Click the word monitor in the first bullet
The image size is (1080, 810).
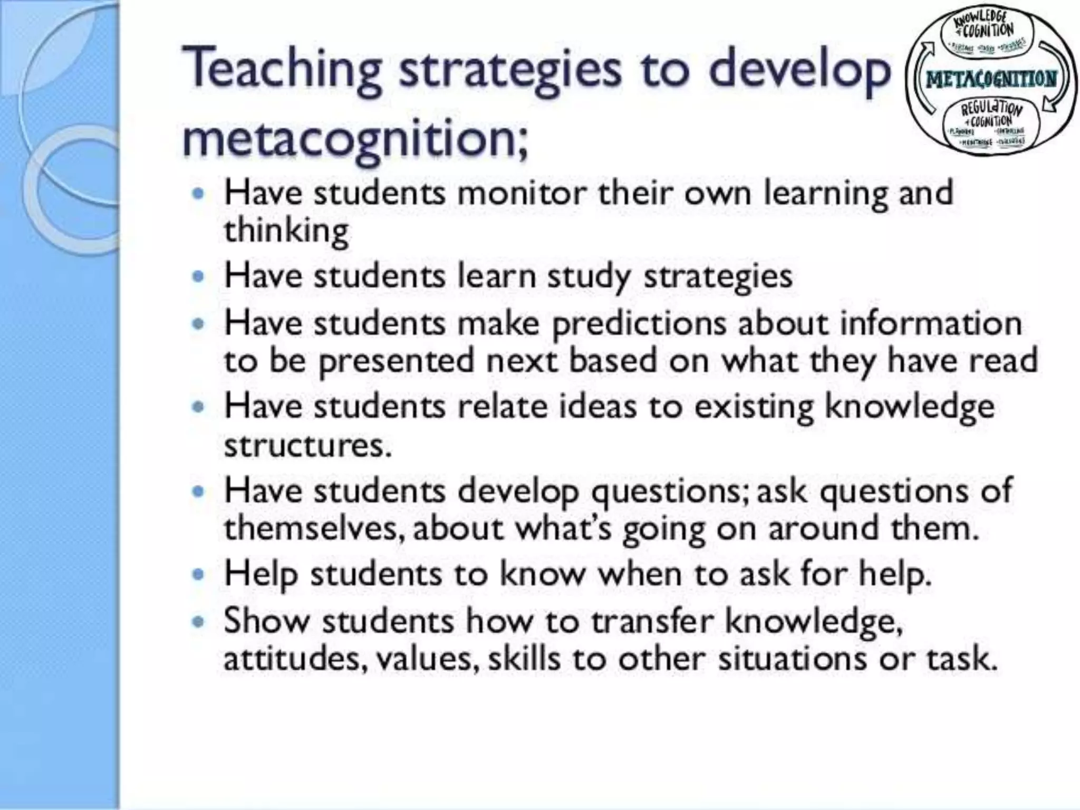(522, 193)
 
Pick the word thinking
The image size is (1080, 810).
(286, 231)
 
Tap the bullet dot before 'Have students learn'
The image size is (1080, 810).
(198, 277)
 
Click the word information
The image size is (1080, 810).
(931, 323)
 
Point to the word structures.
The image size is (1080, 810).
(307, 446)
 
